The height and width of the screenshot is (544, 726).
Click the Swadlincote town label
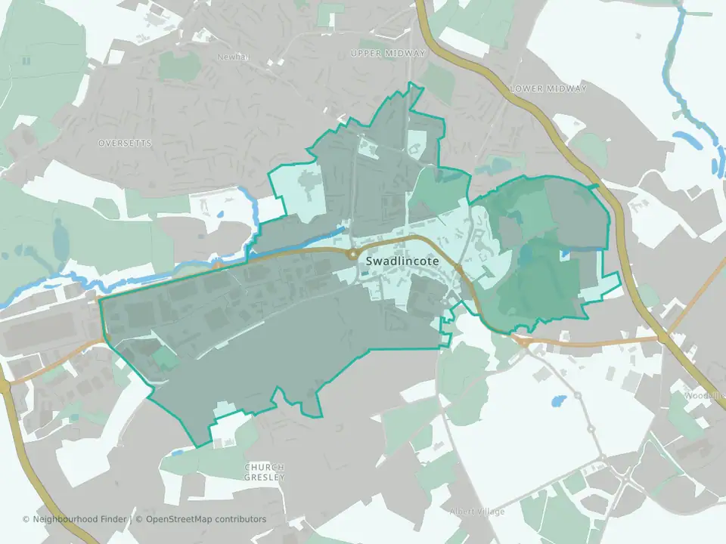click(x=402, y=261)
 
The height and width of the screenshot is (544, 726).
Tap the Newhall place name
click(x=232, y=57)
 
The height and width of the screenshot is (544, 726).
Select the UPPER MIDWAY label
click(x=389, y=53)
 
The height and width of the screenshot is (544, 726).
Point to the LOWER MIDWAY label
click(x=548, y=88)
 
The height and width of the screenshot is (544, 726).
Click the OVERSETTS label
click(x=125, y=143)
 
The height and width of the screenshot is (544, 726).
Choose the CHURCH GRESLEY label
click(x=264, y=472)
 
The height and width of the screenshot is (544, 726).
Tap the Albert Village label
click(x=476, y=512)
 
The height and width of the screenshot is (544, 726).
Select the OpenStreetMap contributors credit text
click(x=206, y=519)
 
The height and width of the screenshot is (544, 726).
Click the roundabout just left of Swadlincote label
click(x=352, y=255)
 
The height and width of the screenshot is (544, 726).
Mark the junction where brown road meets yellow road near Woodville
click(x=664, y=338)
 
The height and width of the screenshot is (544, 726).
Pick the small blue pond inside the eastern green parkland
click(x=565, y=255)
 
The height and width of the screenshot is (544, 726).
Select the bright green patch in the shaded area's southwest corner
click(x=166, y=357)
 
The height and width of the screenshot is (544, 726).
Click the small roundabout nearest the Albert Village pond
click(x=578, y=395)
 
